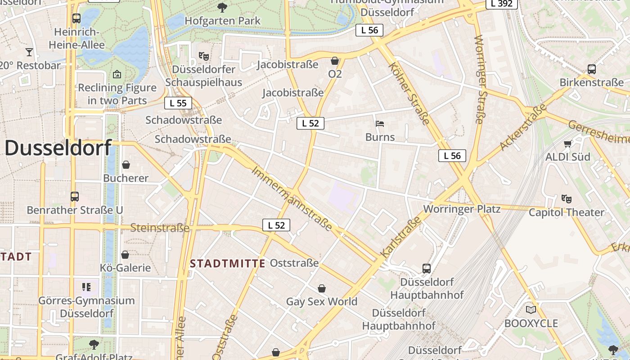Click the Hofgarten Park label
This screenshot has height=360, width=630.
pos(222,21)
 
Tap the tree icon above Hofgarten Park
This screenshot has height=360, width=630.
pos(222,7)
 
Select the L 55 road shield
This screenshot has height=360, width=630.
pos(178,103)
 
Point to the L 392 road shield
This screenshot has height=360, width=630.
pos(502,4)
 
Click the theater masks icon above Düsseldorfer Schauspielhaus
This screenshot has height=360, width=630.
pos(204,56)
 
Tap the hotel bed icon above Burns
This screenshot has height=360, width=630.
pos(380,123)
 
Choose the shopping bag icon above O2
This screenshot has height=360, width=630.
pos(335,61)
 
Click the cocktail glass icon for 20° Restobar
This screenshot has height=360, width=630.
pos(29,52)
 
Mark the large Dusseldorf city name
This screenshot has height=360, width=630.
pos(58,148)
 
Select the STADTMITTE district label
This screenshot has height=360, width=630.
pos(228,264)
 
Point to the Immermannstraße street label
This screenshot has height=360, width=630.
pos(292,198)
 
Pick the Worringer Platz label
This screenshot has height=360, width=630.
pos(462,209)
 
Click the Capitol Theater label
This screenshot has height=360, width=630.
pos(566,212)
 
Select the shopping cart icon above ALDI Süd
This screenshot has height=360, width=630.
pos(567,144)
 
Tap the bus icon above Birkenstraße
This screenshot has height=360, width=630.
pos(591,69)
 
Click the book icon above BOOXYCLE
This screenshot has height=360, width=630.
pos(531,310)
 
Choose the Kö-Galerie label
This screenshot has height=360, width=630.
pos(125,268)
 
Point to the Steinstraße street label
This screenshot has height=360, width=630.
pos(160,228)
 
